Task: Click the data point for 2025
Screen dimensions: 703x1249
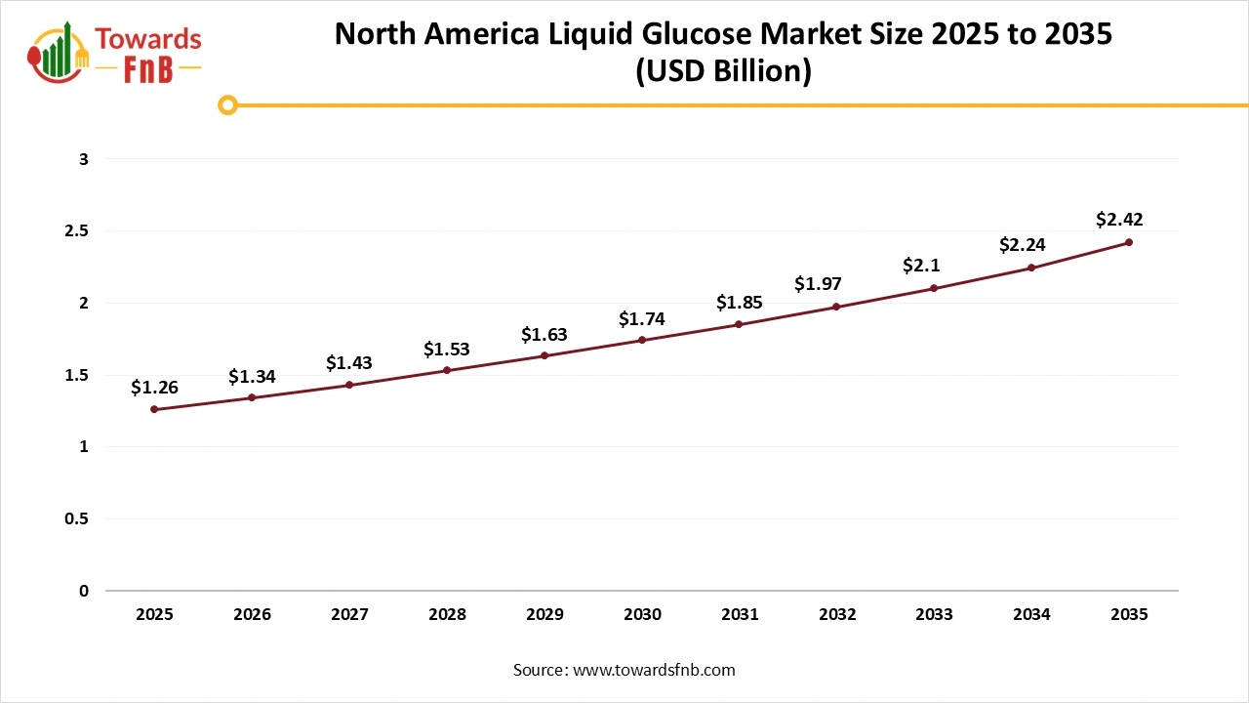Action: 154,409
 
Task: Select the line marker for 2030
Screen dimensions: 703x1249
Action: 642,340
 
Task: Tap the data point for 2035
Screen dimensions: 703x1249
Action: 1129,242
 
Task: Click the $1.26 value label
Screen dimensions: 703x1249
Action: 154,388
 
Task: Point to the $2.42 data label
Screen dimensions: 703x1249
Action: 1119,220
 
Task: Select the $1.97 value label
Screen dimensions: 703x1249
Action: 818,284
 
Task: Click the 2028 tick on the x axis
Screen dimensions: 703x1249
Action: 447,615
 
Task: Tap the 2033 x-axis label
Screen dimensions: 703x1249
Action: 935,615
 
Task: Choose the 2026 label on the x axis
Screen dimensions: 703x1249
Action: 252,615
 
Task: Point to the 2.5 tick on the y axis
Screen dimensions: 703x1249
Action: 77,230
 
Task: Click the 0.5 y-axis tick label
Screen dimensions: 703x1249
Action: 77,518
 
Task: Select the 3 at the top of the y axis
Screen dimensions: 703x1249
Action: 84,158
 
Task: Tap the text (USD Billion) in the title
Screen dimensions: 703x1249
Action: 723,72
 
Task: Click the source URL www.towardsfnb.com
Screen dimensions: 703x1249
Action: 654,670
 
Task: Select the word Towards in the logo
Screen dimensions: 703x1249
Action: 149,39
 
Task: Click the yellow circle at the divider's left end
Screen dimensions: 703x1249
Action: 227,104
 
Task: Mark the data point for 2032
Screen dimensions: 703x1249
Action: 836,307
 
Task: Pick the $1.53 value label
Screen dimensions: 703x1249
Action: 447,349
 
